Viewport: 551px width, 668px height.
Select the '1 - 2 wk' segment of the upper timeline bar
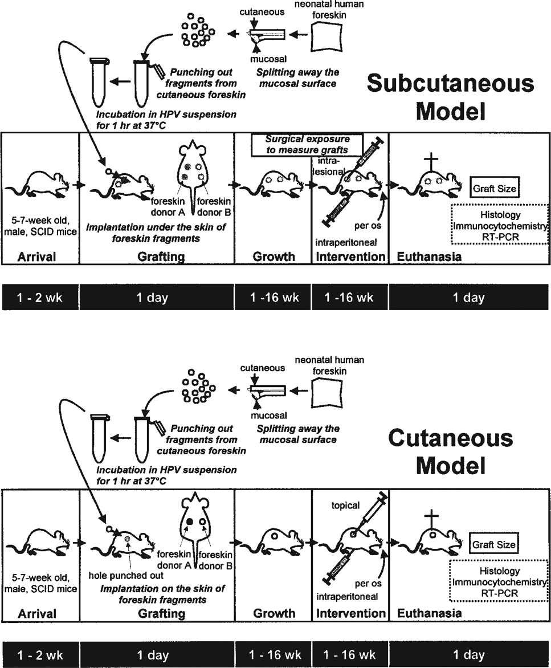pyautogui.click(x=39, y=297)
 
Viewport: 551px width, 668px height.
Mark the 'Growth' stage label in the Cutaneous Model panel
pyautogui.click(x=274, y=613)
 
